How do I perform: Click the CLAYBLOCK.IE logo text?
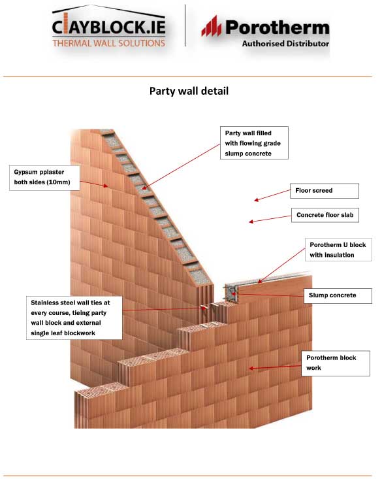[x=108, y=27]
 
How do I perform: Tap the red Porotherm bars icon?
[x=212, y=26]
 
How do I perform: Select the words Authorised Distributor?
[x=285, y=44]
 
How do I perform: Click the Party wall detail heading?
[x=189, y=91]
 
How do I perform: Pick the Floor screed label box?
[x=325, y=191]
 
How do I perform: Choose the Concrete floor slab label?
[x=325, y=215]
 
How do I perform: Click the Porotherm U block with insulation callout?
[x=338, y=250]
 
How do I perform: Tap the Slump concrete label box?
[x=338, y=295]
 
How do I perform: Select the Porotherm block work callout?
[x=336, y=363]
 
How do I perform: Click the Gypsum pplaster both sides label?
[x=44, y=178]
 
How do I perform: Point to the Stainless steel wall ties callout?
[x=74, y=318]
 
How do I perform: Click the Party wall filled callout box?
[x=254, y=142]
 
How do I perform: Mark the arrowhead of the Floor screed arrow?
[x=255, y=201]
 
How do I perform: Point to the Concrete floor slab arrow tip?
[x=250, y=222]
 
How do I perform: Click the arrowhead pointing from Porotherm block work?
[x=251, y=369]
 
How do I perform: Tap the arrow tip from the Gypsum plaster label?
[x=106, y=186]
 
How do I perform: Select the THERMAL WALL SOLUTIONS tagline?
[x=108, y=43]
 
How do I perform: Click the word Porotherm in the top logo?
[x=278, y=27]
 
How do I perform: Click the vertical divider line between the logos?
[x=185, y=25]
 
